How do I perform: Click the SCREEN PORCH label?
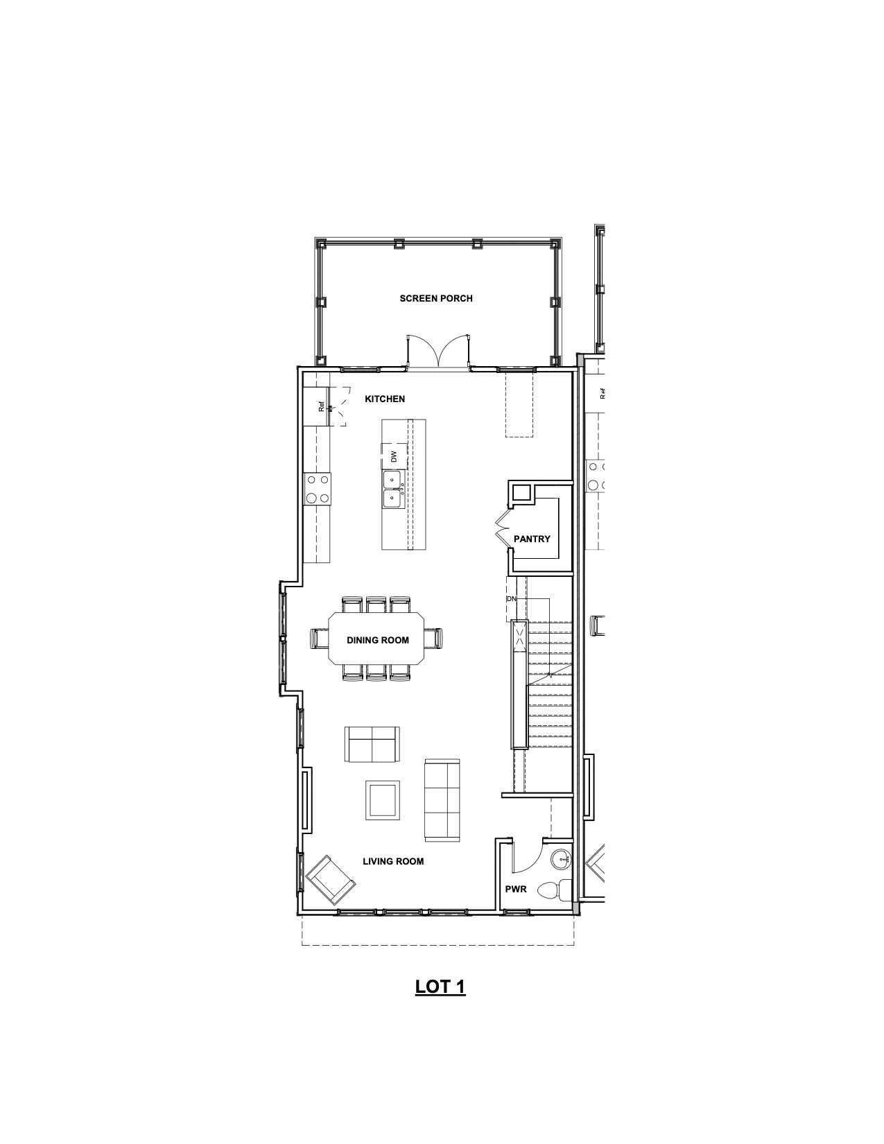click(436, 299)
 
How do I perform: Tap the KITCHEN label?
click(385, 399)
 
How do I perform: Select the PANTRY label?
click(532, 539)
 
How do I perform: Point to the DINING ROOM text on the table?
click(377, 640)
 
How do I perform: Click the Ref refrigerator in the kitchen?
click(316, 406)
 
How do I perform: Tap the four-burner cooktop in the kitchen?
click(318, 489)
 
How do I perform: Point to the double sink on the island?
click(392, 489)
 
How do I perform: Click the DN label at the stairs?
click(511, 599)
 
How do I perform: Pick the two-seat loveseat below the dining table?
click(372, 744)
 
